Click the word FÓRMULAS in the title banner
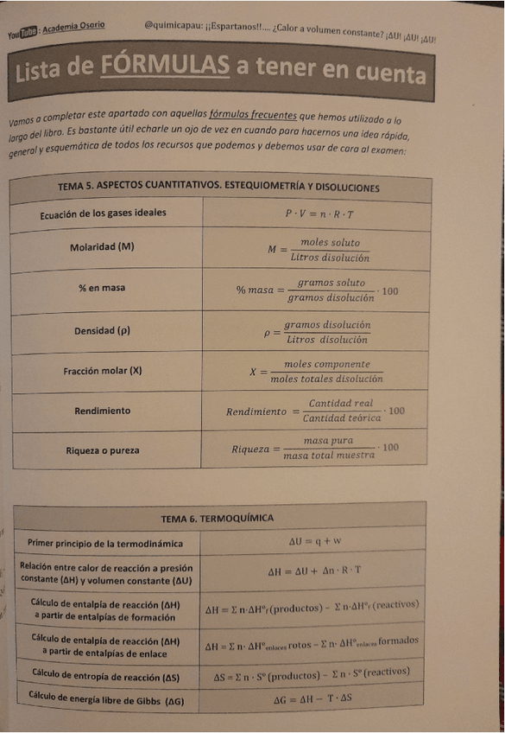click(x=165, y=65)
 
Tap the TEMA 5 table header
click(x=218, y=187)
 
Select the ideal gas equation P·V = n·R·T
click(x=319, y=213)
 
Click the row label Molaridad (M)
click(x=103, y=247)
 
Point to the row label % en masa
click(x=102, y=288)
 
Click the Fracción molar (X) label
click(x=102, y=371)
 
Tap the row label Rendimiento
click(x=102, y=411)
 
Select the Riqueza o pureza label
click(x=102, y=450)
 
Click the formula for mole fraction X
click(x=316, y=372)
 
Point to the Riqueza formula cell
click(x=316, y=448)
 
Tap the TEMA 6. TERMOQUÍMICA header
click(x=218, y=517)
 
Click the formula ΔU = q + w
click(x=315, y=541)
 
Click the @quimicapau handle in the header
click(x=176, y=28)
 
